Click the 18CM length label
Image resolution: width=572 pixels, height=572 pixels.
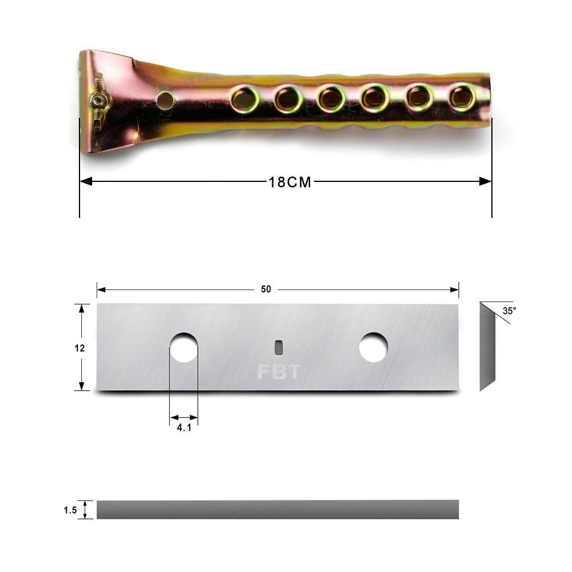point(290,182)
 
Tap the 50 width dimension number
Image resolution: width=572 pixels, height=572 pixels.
point(266,289)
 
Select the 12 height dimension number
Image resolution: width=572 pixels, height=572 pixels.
point(80,348)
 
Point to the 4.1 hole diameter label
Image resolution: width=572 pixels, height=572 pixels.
point(184,427)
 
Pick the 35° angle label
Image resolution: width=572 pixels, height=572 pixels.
point(509,311)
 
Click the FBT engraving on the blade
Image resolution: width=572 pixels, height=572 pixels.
point(278,372)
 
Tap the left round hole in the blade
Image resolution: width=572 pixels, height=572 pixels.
point(184,347)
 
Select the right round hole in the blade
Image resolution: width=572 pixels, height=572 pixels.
point(373,347)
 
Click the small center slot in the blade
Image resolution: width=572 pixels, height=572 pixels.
point(278,347)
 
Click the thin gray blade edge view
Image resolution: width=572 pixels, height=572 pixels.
point(277,510)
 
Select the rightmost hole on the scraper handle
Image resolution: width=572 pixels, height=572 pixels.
point(462,97)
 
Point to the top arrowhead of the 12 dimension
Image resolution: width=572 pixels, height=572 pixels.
point(82,308)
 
